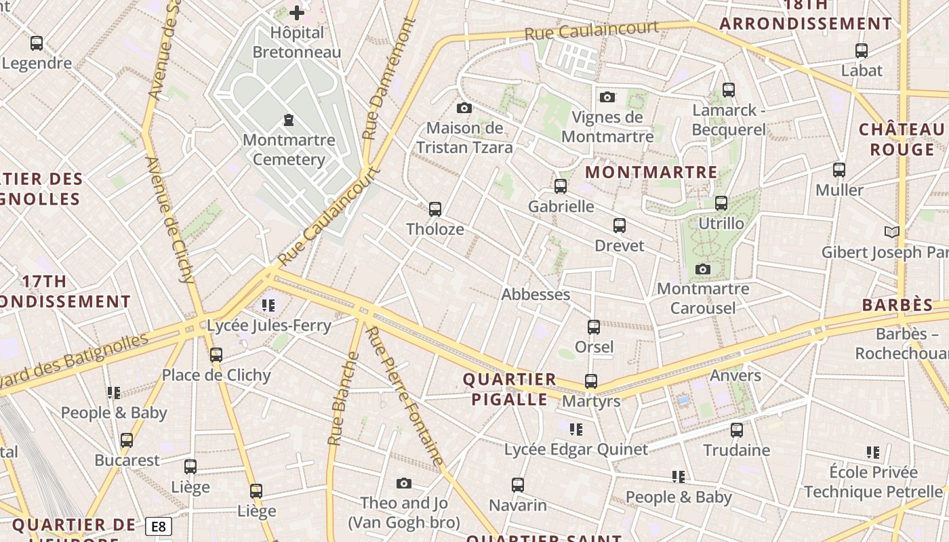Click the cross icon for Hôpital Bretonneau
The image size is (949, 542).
pyautogui.click(x=297, y=12)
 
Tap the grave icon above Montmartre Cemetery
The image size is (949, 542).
pyautogui.click(x=289, y=121)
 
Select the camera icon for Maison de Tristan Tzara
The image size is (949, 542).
pyautogui.click(x=464, y=108)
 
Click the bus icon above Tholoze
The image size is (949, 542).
pyautogui.click(x=435, y=209)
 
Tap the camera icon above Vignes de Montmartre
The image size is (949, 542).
pyautogui.click(x=607, y=97)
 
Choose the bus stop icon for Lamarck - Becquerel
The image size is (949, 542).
pyautogui.click(x=729, y=89)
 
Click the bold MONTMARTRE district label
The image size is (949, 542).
pyautogui.click(x=651, y=172)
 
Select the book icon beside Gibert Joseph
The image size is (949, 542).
pyautogui.click(x=892, y=232)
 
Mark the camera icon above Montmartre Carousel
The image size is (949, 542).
pyautogui.click(x=703, y=269)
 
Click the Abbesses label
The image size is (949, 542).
pyautogui.click(x=536, y=295)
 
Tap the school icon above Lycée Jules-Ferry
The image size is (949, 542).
pyautogui.click(x=268, y=306)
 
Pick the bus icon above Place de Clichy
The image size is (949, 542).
pyautogui.click(x=216, y=354)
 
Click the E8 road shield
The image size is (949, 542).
pyautogui.click(x=158, y=526)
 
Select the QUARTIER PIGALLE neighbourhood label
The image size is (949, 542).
pyautogui.click(x=510, y=389)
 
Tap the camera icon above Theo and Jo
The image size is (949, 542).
pyautogui.click(x=404, y=483)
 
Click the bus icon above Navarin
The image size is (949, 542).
pyautogui.click(x=518, y=484)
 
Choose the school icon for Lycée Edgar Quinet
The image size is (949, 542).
pyautogui.click(x=576, y=429)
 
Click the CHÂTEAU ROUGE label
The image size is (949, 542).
pyautogui.click(x=902, y=139)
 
